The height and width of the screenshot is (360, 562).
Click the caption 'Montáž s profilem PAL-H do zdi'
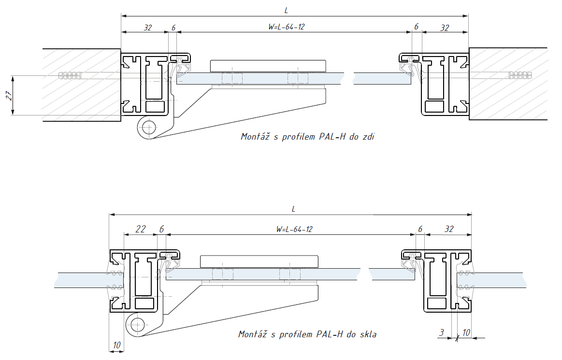pyautogui.click(x=308, y=137)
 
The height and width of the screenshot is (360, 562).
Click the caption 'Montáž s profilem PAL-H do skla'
pyautogui.click(x=307, y=334)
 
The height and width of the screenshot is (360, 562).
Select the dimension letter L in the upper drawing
pyautogui.click(x=288, y=9)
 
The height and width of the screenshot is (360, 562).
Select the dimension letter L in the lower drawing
pyautogui.click(x=293, y=209)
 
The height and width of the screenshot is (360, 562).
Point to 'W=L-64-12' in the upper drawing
pyautogui.click(x=286, y=27)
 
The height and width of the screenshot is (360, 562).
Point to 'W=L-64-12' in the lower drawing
pyautogui.click(x=294, y=229)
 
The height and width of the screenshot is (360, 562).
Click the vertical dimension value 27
pyautogui.click(x=8, y=95)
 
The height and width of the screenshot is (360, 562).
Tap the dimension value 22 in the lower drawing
pyautogui.click(x=140, y=229)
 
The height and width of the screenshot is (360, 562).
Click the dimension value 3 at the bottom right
pyautogui.click(x=441, y=333)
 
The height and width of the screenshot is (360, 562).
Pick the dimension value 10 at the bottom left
pyautogui.click(x=116, y=345)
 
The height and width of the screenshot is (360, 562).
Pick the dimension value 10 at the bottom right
pyautogui.click(x=466, y=333)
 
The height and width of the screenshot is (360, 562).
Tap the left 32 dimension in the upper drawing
pyautogui.click(x=147, y=28)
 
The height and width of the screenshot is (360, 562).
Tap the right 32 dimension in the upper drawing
pyautogui.click(x=445, y=28)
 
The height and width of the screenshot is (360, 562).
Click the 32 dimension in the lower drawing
pyautogui.click(x=449, y=229)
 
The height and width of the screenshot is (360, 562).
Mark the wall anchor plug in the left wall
pyautogui.click(x=70, y=76)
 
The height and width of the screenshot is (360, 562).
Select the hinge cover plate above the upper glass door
pyautogui.click(x=268, y=65)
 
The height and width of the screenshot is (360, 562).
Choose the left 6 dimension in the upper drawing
pyautogui.click(x=173, y=28)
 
